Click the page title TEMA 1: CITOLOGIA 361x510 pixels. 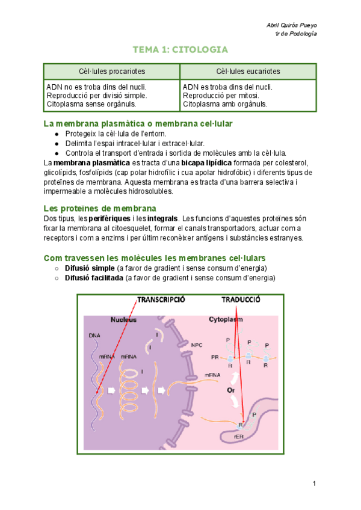[180, 50]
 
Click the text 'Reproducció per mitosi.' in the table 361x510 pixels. [221, 95]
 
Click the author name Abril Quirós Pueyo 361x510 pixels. [291, 25]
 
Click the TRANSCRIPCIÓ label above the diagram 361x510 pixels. [161, 300]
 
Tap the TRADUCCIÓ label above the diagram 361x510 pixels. [240, 300]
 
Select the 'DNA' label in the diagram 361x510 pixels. [94, 335]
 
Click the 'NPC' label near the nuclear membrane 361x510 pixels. [197, 345]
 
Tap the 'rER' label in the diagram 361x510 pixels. [238, 428]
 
